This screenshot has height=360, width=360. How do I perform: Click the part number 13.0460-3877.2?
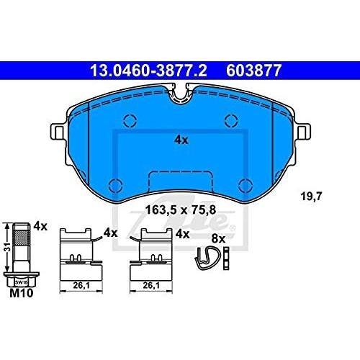coord(148,71)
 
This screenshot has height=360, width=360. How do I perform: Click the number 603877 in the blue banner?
coord(253,71)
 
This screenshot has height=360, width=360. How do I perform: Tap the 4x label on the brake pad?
coord(181,140)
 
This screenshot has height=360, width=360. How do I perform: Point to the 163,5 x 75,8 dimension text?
coord(181,210)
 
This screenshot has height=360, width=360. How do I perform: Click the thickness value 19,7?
coord(311,197)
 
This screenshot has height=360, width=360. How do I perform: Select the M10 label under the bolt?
coord(22,293)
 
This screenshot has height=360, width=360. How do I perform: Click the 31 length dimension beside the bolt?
coord(9,247)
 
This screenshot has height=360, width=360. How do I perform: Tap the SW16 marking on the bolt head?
coord(22,282)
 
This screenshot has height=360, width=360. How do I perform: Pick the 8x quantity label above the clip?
coord(218,239)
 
